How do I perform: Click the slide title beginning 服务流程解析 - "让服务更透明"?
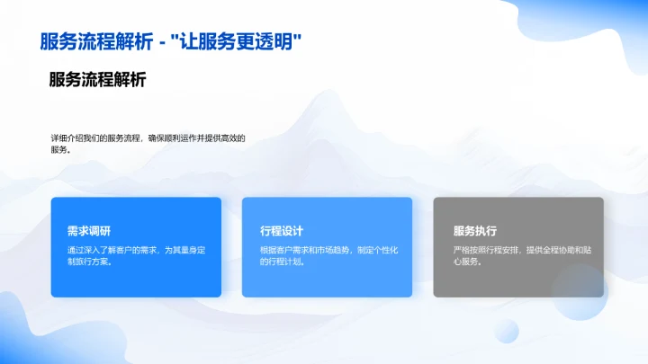(171, 41)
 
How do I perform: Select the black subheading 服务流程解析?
(97, 80)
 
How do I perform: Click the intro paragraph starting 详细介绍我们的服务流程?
(148, 144)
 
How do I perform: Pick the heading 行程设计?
(277, 230)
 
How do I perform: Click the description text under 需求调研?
(136, 255)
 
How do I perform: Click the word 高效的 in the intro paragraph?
(232, 138)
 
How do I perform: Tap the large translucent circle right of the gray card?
(580, 291)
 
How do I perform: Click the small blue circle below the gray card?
(506, 330)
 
